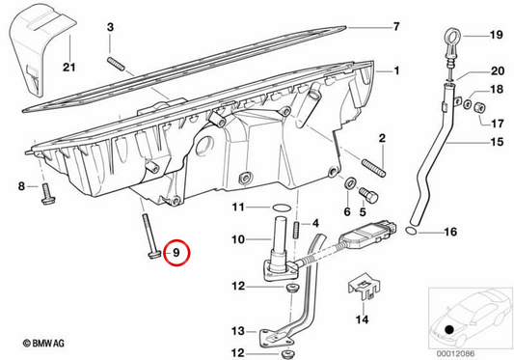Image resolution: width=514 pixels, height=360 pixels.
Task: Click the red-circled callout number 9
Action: [x=176, y=253]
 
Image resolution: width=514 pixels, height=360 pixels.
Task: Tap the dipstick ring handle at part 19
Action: [x=452, y=36]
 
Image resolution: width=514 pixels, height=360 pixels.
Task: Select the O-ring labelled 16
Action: [x=412, y=231]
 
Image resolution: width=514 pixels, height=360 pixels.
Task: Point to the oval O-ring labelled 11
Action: [x=282, y=208]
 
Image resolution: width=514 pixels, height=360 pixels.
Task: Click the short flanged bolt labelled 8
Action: [x=48, y=194]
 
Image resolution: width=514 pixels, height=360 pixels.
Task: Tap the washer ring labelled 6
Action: [x=350, y=182]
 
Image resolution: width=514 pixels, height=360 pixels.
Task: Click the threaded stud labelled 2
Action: [x=374, y=168]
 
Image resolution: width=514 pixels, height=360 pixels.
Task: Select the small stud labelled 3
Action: [x=116, y=64]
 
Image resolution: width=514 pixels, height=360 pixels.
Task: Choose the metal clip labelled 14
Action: [x=364, y=286]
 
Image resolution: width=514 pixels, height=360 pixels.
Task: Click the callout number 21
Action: [x=69, y=68]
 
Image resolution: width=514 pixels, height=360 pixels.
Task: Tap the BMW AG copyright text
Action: [x=43, y=344]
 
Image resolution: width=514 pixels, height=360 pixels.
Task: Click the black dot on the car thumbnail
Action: [x=449, y=329]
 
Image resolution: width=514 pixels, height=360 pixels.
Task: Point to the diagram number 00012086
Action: [x=455, y=354]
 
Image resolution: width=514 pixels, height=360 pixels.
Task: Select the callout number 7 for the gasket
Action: [x=396, y=26]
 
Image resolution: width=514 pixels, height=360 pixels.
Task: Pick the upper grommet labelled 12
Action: [x=291, y=289]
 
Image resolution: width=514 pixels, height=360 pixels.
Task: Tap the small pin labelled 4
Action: [x=297, y=228]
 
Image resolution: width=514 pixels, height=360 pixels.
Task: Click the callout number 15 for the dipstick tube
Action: [x=497, y=142]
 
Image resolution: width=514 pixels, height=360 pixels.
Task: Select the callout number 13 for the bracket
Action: [x=238, y=331]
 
